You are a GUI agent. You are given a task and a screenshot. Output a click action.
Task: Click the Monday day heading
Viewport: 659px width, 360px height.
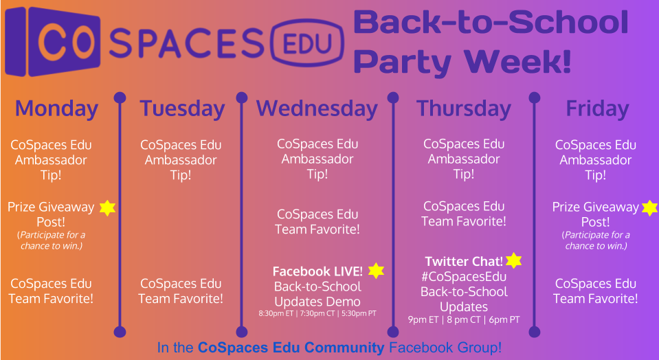tap(56, 109)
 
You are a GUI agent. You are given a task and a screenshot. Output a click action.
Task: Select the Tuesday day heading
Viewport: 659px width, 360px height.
tap(182, 109)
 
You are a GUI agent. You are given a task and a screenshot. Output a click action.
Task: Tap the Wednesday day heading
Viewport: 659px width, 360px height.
tap(317, 109)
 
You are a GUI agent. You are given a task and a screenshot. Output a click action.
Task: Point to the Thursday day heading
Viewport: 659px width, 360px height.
tap(463, 109)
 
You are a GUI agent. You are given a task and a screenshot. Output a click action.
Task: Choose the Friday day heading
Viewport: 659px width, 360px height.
tap(597, 109)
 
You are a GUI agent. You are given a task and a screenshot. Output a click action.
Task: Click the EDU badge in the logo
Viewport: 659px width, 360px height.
tap(309, 43)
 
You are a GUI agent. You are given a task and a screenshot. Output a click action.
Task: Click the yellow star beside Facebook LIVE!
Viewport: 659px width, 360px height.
tap(376, 271)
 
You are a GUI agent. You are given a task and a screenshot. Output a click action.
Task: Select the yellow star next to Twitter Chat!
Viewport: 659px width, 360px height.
tap(513, 260)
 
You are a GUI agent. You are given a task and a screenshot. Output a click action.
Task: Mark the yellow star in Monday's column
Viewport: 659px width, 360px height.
tap(107, 208)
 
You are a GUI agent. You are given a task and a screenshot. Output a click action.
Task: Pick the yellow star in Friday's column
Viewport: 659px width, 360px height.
tap(650, 208)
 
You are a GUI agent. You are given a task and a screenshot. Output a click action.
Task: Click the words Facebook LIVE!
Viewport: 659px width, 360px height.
tap(317, 271)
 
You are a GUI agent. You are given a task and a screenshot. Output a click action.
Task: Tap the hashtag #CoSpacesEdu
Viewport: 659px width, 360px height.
tap(464, 278)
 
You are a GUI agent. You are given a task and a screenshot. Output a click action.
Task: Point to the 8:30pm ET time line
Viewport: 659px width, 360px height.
tap(317, 313)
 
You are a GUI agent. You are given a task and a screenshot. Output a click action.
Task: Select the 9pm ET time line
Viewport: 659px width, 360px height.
tap(464, 319)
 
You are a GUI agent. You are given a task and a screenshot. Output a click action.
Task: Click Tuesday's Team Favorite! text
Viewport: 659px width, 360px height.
tap(181, 299)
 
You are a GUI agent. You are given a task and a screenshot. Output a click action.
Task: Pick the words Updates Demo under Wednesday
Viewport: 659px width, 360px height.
tap(317, 302)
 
